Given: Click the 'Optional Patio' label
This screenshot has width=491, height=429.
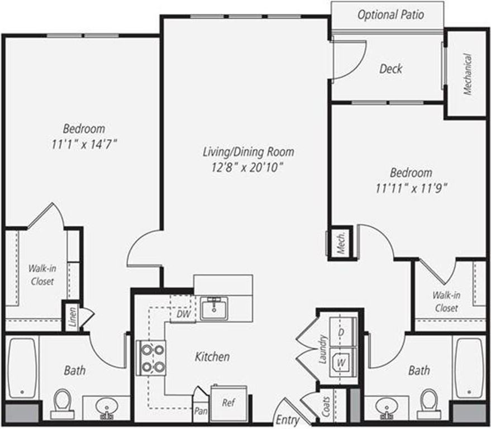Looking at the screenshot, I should pyautogui.click(x=390, y=15).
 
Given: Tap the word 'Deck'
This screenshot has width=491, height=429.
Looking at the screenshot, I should pyautogui.click(x=390, y=69).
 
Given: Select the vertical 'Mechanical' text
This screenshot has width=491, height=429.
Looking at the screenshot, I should pyautogui.click(x=468, y=74).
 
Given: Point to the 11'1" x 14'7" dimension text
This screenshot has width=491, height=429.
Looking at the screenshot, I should pyautogui.click(x=84, y=144).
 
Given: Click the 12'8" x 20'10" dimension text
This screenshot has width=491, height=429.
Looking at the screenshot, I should pyautogui.click(x=248, y=166).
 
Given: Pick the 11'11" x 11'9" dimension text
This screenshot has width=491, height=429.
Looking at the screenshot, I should pyautogui.click(x=411, y=187).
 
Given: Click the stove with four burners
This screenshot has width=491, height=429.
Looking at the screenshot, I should pyautogui.click(x=152, y=358).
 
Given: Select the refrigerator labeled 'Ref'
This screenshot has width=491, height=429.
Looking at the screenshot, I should pyautogui.click(x=228, y=401).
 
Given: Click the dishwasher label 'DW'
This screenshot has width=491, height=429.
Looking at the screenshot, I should pyautogui.click(x=183, y=314).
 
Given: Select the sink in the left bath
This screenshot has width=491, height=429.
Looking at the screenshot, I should pyautogui.click(x=105, y=407).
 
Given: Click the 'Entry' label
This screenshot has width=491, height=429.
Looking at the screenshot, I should pyautogui.click(x=288, y=420).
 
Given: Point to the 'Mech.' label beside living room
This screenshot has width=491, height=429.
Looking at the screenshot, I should pyautogui.click(x=341, y=242).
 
